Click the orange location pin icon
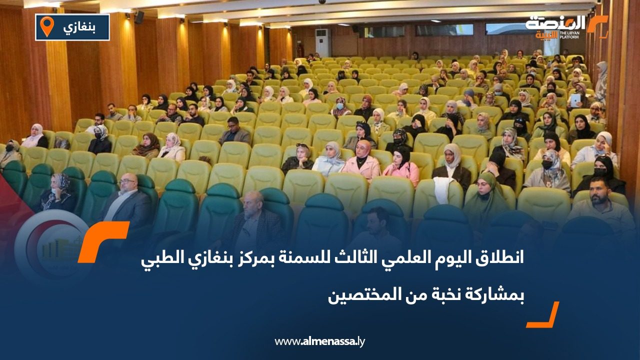46,26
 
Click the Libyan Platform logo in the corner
565,26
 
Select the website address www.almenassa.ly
320,341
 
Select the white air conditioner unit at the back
322,42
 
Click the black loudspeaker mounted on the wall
139,17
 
